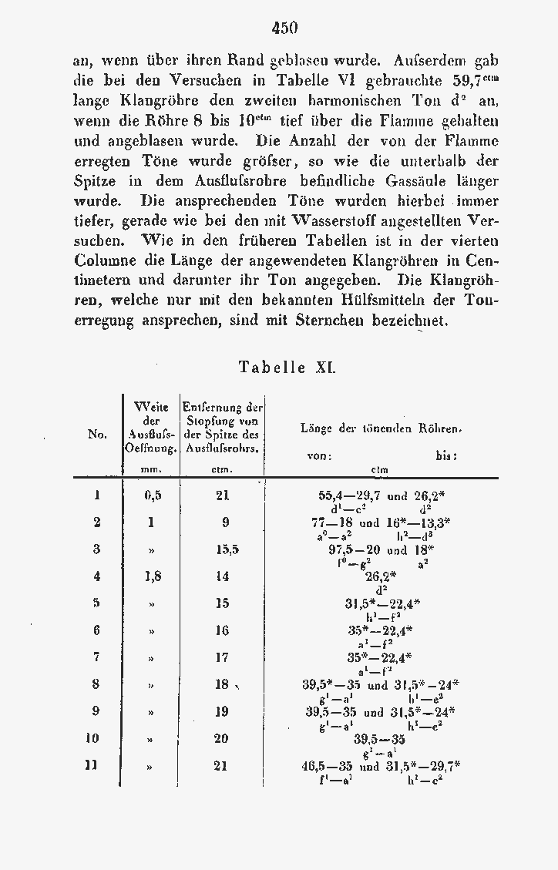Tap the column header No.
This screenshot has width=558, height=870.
(97, 435)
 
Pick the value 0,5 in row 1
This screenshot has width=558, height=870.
(152, 496)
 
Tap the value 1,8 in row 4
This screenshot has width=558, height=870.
(152, 576)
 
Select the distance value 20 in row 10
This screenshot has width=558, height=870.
(222, 738)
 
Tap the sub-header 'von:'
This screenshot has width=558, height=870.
(319, 455)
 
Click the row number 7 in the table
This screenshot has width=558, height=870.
(97, 657)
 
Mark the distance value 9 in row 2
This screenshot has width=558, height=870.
(225, 522)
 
